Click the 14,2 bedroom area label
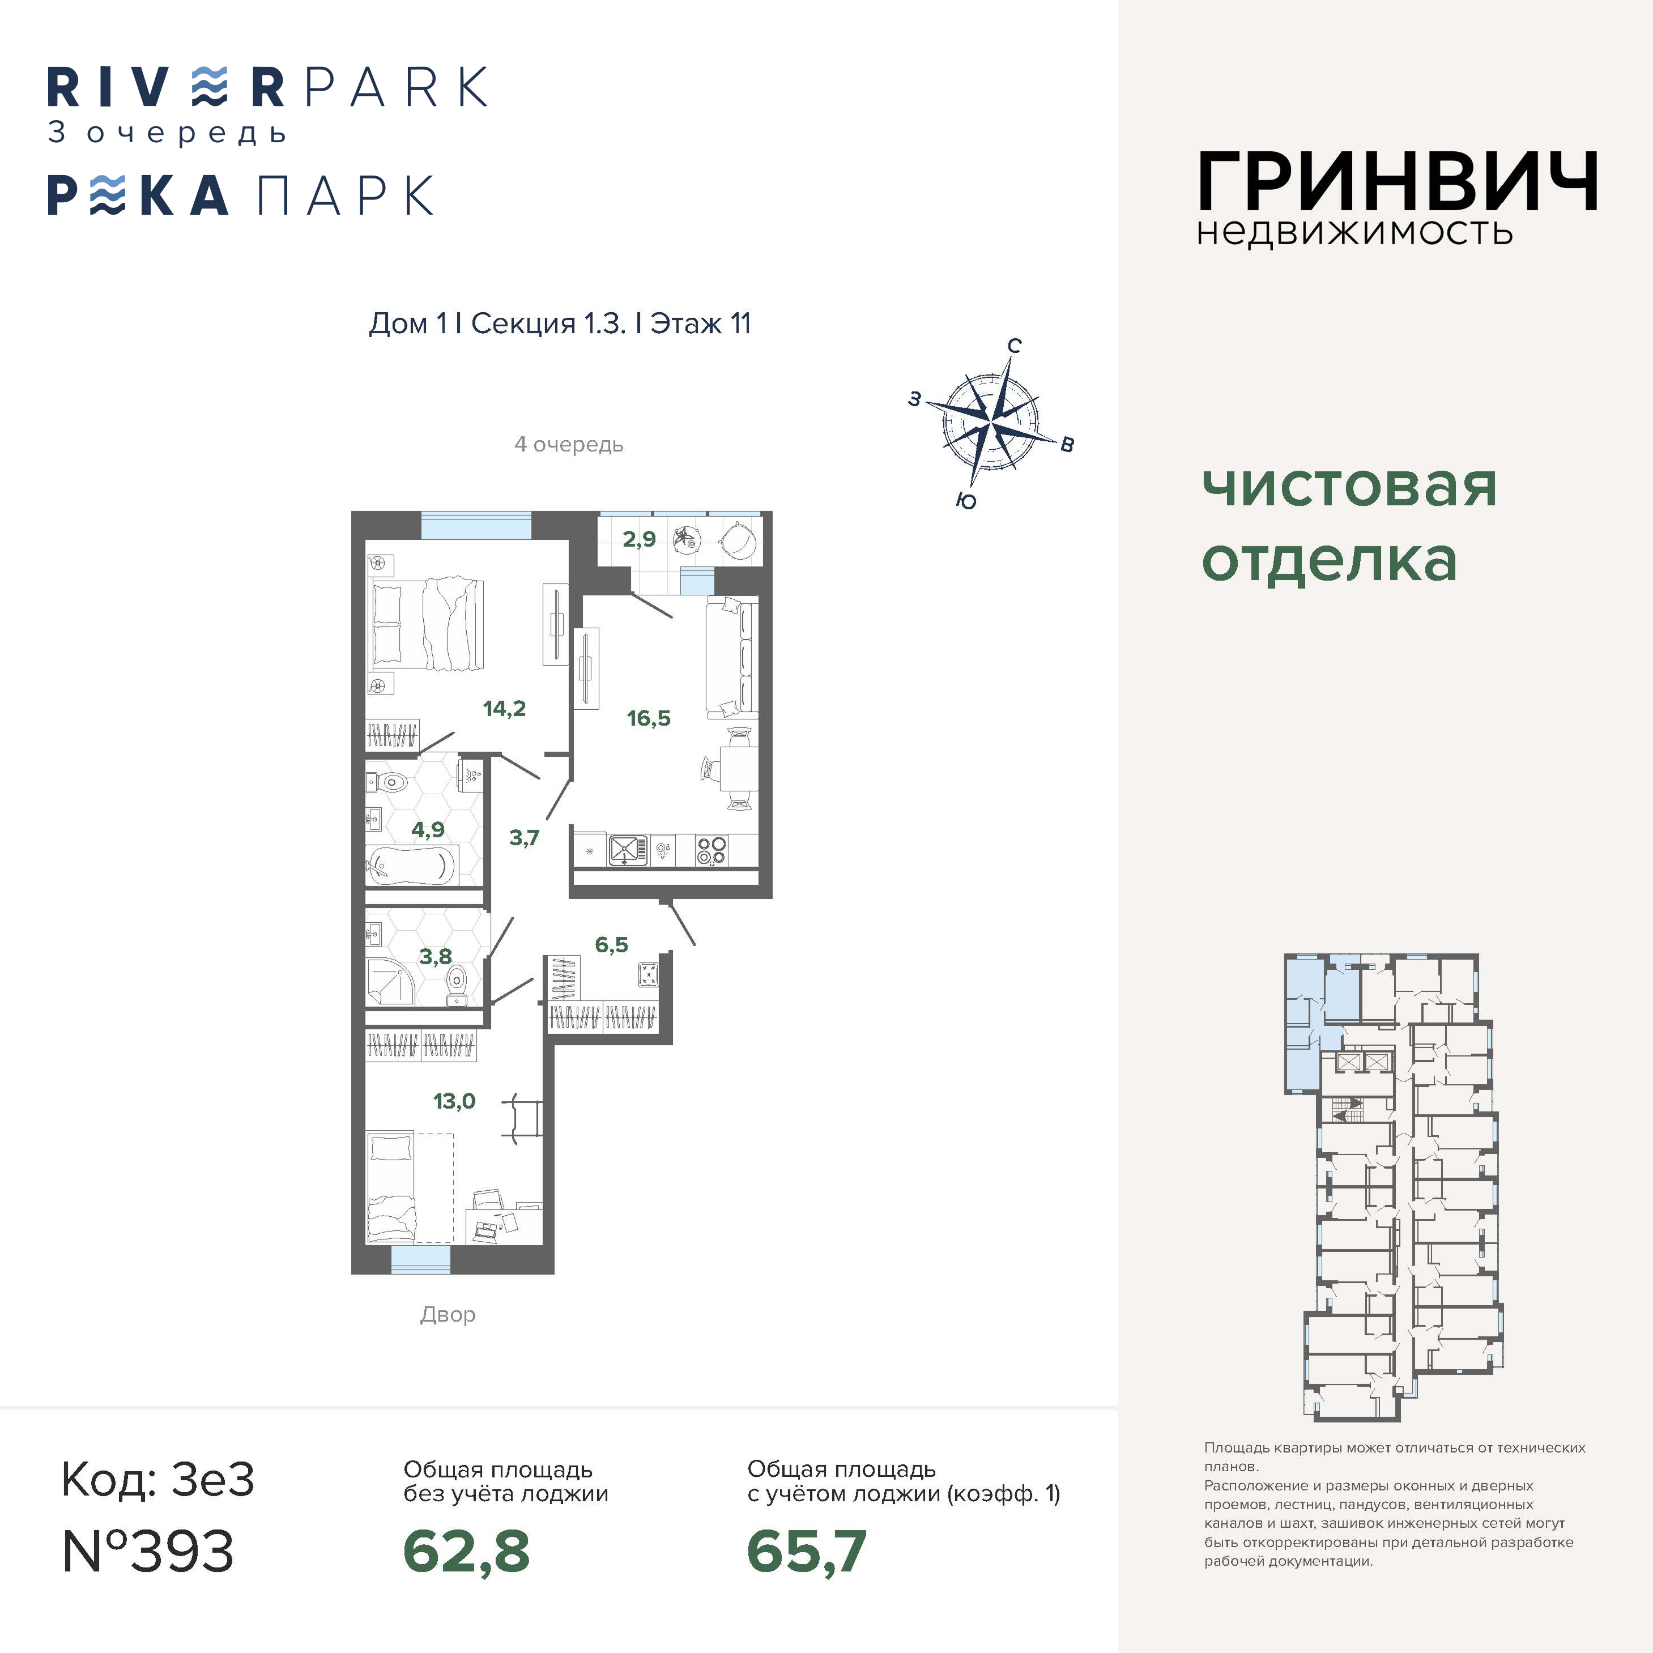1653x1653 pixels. click(x=504, y=709)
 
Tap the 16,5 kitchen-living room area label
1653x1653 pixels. click(x=649, y=718)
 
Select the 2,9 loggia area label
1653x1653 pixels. click(x=639, y=539)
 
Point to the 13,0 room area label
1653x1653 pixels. click(x=454, y=1101)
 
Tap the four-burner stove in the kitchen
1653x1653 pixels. click(x=711, y=850)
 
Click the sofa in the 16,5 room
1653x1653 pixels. click(x=731, y=659)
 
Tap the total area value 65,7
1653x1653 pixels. click(x=807, y=1552)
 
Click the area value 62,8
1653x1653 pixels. click(x=466, y=1552)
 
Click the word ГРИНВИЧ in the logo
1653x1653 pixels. click(x=1397, y=181)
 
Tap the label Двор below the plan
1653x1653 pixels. click(x=448, y=1315)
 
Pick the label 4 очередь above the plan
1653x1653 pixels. click(x=569, y=445)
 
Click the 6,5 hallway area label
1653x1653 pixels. click(x=612, y=944)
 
